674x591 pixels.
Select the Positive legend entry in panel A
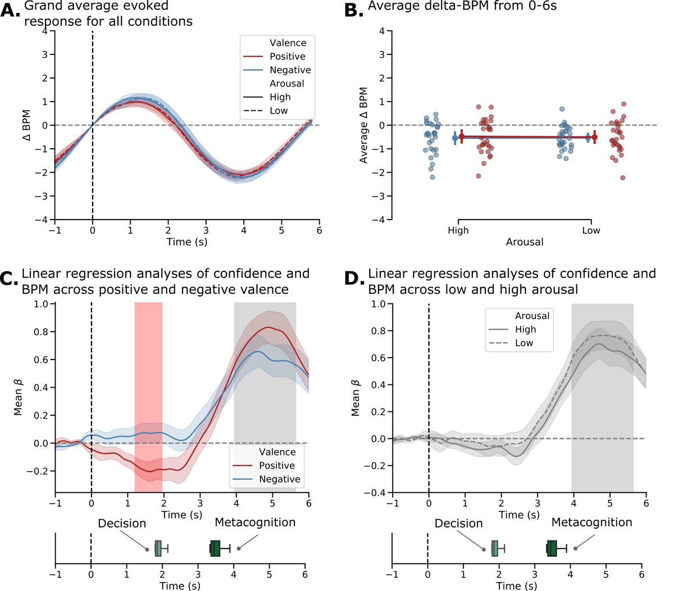coord(287,57)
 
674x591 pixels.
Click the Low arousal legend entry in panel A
coord(279,111)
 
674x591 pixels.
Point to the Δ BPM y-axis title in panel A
coord(26,125)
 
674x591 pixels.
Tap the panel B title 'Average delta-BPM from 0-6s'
coord(462,7)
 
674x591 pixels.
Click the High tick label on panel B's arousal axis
coord(458,230)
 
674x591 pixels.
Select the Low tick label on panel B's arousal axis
coord(591,230)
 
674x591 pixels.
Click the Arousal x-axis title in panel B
coord(525,242)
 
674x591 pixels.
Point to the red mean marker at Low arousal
coord(594,137)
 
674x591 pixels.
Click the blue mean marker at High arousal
coord(455,138)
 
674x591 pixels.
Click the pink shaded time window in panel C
coord(148,393)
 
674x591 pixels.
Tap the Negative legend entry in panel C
coord(279,479)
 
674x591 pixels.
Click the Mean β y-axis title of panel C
coord(19,397)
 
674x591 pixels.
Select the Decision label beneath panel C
coord(122,524)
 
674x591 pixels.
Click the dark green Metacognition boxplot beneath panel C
coord(215,548)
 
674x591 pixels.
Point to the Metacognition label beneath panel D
coord(591,522)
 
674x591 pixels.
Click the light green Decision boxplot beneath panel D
coord(495,548)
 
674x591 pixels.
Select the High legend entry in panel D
coord(525,330)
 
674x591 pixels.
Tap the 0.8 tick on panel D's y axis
coord(385,331)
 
